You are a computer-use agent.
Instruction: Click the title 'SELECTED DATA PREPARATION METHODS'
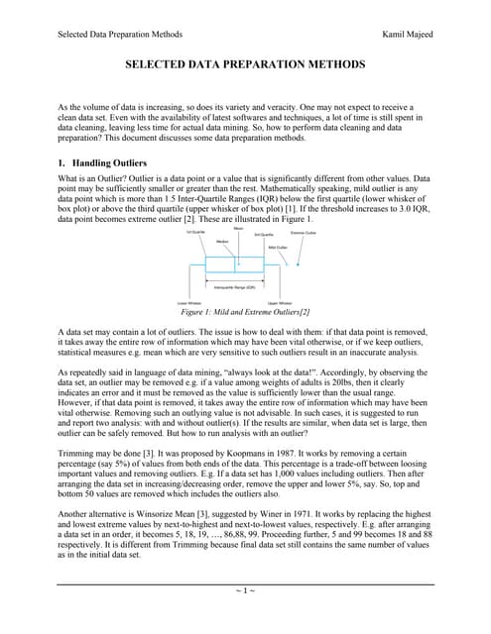pos(245,64)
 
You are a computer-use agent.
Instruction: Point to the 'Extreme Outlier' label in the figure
pos(304,233)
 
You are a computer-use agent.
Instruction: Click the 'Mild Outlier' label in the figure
pos(278,247)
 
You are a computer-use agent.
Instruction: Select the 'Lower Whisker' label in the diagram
pos(188,302)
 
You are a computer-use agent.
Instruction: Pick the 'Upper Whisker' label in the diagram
pos(280,302)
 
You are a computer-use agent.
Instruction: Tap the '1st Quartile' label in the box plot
pos(196,232)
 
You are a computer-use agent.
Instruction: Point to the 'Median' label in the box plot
pos(222,240)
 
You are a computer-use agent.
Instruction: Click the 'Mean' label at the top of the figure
pos(238,227)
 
